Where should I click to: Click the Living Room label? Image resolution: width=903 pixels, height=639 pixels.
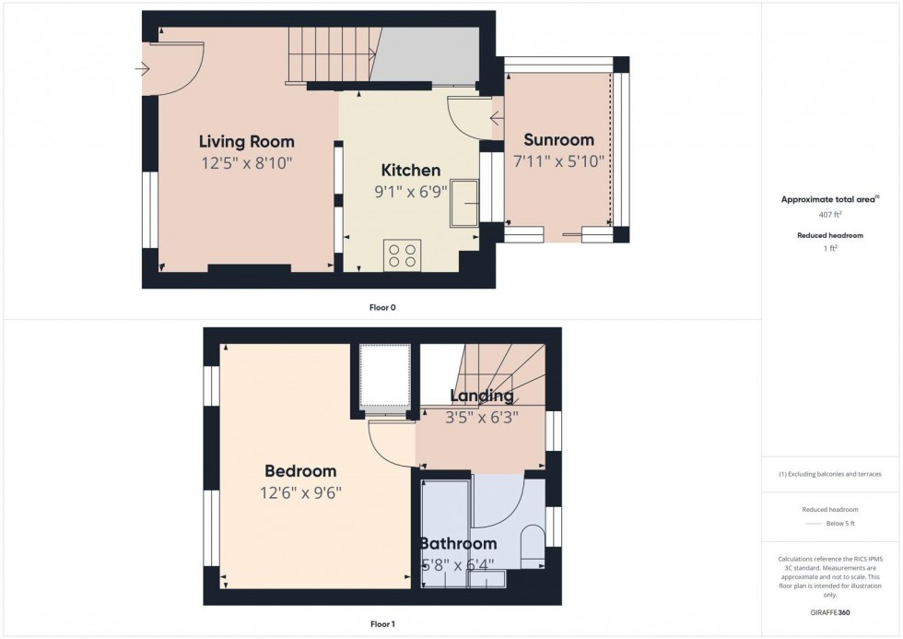(247, 141)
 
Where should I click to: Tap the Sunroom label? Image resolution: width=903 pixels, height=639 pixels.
(558, 140)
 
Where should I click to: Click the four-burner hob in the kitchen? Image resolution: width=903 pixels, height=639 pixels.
(402, 254)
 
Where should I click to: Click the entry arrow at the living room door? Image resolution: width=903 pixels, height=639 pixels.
(142, 68)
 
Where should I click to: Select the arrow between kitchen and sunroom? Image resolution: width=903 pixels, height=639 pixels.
(497, 117)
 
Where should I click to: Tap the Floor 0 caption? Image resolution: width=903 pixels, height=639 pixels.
(381, 307)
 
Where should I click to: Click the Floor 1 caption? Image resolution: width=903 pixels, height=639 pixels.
(381, 624)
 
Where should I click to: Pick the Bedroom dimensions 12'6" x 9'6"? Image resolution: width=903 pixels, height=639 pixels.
(300, 492)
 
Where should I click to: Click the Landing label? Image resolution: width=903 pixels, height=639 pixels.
(481, 396)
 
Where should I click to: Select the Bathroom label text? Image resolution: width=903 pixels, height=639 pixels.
(458, 544)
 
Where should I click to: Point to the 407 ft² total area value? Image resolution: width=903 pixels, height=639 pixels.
(831, 214)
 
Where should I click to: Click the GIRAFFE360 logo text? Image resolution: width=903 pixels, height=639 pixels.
(831, 611)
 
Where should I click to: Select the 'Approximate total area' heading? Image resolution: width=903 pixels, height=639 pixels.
(829, 199)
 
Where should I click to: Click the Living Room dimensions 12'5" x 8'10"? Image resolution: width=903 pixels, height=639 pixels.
(247, 162)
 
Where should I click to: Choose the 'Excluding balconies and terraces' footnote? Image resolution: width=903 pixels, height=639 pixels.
(831, 474)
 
